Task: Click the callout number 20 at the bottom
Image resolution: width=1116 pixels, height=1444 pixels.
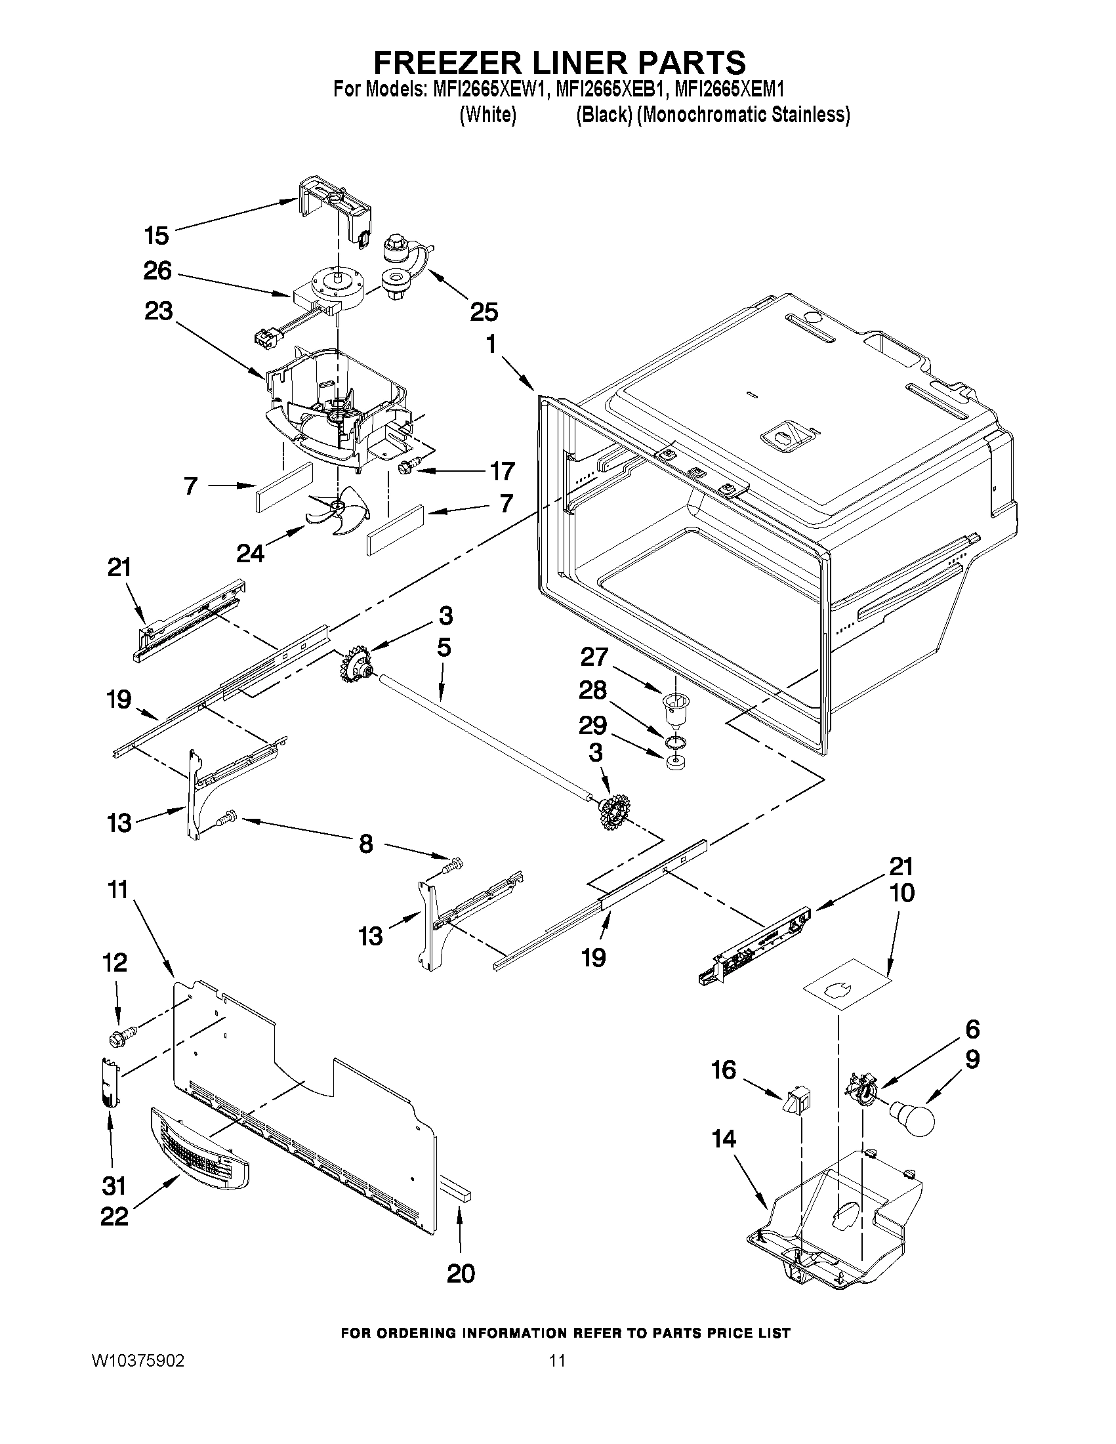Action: [460, 1273]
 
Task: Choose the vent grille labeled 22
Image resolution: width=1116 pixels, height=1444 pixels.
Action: [198, 1149]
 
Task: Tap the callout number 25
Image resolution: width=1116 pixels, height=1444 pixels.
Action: [484, 312]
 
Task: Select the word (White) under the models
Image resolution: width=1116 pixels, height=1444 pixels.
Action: [487, 115]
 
